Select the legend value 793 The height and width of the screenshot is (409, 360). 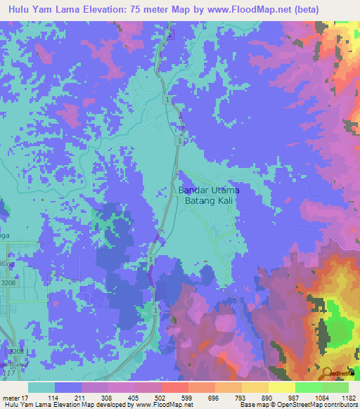tap(229, 397)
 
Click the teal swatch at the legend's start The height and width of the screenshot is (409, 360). tap(41, 387)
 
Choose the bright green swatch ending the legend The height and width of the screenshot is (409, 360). tap(335, 387)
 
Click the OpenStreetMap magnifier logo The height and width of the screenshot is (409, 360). tap(328, 373)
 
